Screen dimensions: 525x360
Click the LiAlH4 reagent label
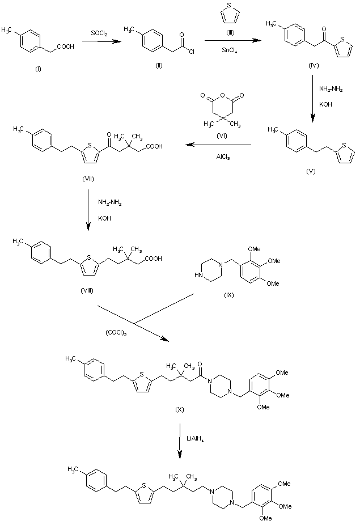click(197, 437)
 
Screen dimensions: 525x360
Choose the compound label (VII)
click(87, 179)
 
